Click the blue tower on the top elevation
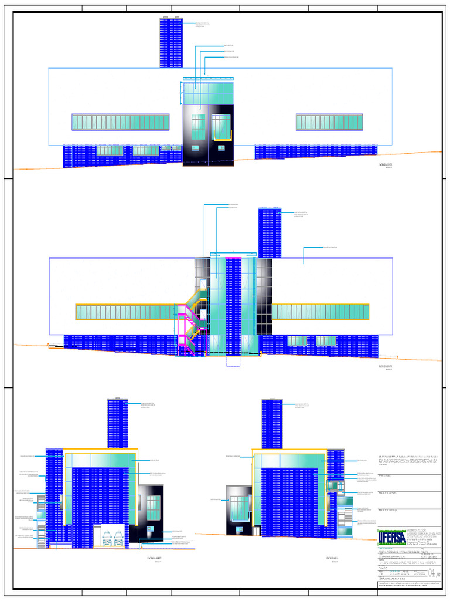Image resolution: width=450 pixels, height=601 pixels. [x=171, y=42]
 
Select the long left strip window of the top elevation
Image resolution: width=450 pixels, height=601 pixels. [x=121, y=122]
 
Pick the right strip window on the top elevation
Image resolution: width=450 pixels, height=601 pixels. [x=329, y=121]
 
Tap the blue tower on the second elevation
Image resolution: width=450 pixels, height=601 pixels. [x=270, y=232]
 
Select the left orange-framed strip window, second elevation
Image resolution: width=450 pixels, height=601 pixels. [x=127, y=312]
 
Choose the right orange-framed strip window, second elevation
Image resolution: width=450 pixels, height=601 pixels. [x=321, y=312]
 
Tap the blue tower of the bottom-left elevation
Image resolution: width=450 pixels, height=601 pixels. [x=117, y=423]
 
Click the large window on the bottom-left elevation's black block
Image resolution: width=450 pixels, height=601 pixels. [x=153, y=508]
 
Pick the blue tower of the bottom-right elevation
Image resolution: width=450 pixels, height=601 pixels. [x=272, y=423]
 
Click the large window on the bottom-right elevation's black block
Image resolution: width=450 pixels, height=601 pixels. [x=238, y=508]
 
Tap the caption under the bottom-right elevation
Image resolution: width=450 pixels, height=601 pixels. [x=331, y=559]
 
